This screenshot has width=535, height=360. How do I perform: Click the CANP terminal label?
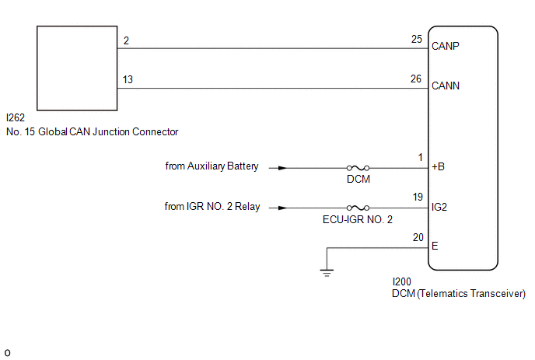[x=446, y=46]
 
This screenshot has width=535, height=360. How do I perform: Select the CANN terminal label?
[x=446, y=86]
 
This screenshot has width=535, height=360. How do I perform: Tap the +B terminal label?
[x=438, y=166]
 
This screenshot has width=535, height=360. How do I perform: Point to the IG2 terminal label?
[x=439, y=207]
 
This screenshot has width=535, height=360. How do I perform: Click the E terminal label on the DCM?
[x=435, y=246]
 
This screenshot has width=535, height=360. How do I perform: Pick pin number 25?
[x=417, y=39]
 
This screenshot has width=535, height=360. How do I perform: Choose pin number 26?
[x=416, y=79]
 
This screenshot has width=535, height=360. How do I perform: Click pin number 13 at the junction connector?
[x=128, y=79]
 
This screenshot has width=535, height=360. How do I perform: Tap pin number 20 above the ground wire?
[x=418, y=237]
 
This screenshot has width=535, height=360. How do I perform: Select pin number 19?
[x=418, y=197]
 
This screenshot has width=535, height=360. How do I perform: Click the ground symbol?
[x=327, y=273]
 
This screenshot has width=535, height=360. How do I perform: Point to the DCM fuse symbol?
[x=358, y=168]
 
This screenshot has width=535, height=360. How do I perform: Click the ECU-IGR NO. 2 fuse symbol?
[x=358, y=208]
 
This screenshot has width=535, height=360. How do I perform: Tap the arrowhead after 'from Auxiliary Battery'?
[x=282, y=168]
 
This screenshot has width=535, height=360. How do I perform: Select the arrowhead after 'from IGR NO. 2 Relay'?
[x=282, y=208]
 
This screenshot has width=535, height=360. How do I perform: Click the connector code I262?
[x=16, y=117]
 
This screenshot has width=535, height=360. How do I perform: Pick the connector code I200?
[x=401, y=282]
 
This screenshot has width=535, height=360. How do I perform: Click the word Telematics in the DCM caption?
[x=443, y=293]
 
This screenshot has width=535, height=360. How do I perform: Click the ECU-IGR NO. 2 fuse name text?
[x=358, y=219]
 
